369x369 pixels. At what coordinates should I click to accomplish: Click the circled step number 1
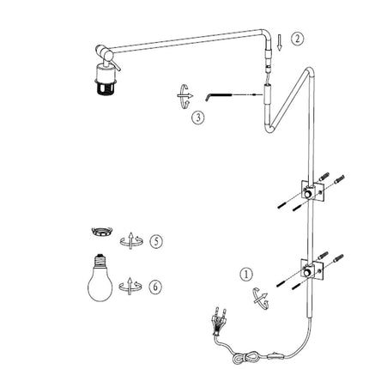click(246, 275)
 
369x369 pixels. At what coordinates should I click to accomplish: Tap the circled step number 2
click(298, 39)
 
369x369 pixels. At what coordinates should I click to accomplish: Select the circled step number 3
click(198, 118)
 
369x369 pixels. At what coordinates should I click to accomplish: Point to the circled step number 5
click(156, 241)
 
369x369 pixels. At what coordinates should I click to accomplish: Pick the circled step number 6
click(155, 287)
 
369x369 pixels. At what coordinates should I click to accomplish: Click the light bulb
click(100, 277)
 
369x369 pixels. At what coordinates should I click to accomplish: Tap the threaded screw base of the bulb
click(100, 259)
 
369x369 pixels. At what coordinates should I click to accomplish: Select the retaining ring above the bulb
click(101, 231)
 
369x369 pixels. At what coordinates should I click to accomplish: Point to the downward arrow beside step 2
click(280, 42)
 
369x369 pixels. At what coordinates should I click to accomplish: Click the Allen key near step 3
click(218, 95)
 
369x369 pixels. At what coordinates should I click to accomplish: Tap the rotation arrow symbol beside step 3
click(184, 96)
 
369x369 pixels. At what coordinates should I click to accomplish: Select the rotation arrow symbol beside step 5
click(131, 241)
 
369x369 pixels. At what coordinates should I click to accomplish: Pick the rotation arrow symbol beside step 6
click(130, 287)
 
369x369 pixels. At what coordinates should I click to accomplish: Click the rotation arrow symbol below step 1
click(261, 299)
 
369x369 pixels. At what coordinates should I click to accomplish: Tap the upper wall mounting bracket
click(313, 191)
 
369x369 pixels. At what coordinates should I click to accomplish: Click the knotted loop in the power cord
click(243, 356)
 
